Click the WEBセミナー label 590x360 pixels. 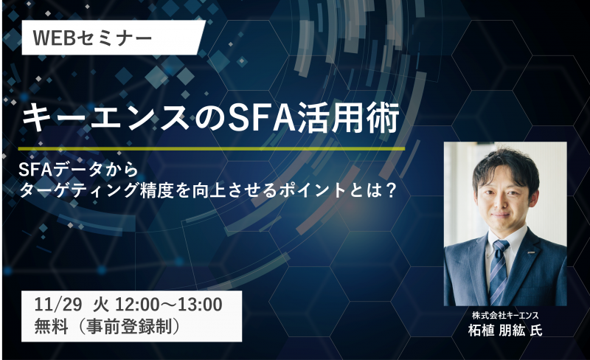tap(93, 38)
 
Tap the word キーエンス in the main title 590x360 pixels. tap(105, 117)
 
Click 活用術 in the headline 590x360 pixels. tap(347, 117)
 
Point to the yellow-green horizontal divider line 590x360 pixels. tap(211, 149)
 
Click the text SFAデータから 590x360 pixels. tap(79, 170)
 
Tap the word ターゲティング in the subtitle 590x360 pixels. tap(79, 190)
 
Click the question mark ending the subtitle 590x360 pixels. tap(391, 190)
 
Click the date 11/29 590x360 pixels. tap(58, 304)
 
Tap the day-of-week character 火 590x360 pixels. tap(101, 304)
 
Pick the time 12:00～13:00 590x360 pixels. tap(169, 304)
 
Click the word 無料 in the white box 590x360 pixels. tap(51, 326)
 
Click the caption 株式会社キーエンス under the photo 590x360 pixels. tap(505, 315)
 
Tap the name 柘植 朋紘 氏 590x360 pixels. tap(505, 330)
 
